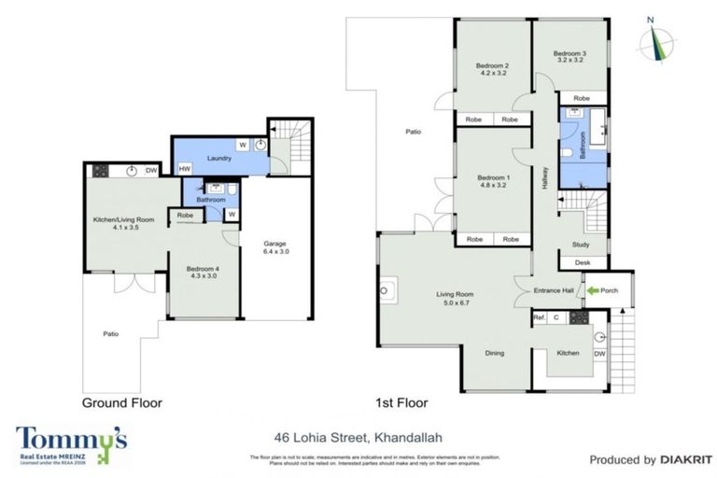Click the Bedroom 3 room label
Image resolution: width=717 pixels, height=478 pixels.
click(569, 54)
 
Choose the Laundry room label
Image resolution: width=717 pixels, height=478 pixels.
click(218, 159)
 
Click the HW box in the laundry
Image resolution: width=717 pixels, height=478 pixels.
click(185, 169)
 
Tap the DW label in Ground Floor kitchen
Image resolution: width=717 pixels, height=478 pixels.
click(150, 170)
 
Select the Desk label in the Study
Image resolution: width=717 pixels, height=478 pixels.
click(583, 263)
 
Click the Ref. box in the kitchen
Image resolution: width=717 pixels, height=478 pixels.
click(539, 318)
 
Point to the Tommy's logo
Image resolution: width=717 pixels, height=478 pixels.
click(71, 441)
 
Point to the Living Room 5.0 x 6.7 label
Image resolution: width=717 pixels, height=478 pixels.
click(457, 299)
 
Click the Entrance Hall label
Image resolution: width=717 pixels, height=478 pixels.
click(553, 290)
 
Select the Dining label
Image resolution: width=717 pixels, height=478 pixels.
click(497, 353)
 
